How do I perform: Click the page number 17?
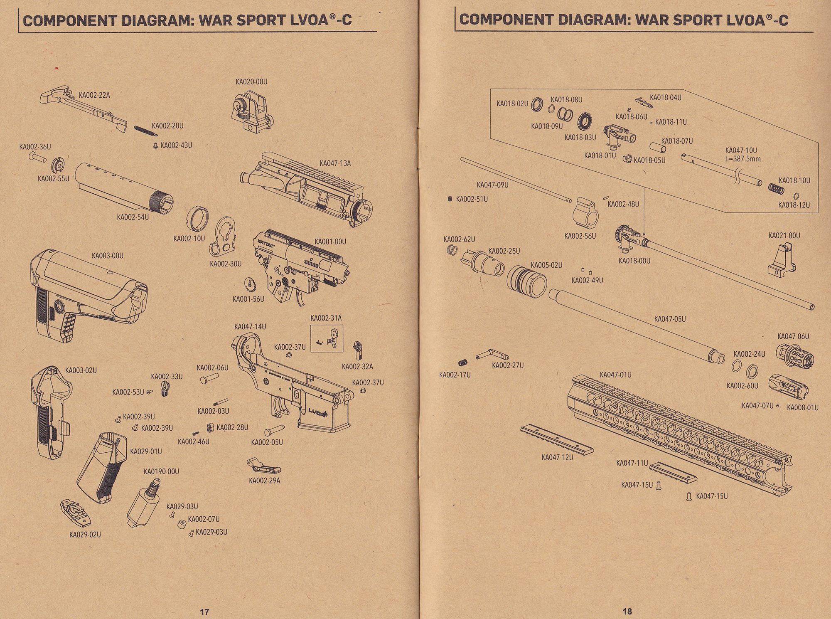pos(204,612)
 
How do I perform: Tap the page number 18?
pos(627,611)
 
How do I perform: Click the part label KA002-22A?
pos(94,95)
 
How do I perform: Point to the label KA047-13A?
pos(335,163)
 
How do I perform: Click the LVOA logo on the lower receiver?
pos(318,412)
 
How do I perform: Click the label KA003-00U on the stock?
pos(108,256)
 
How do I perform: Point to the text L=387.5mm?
pos(743,159)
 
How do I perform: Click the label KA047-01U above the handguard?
pos(615,375)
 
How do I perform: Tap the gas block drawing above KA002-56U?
pos(585,211)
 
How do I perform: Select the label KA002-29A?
pos(265,481)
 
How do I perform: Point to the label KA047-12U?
pos(557,458)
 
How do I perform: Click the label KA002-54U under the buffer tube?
pos(133,217)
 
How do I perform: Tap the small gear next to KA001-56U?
pos(251,285)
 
